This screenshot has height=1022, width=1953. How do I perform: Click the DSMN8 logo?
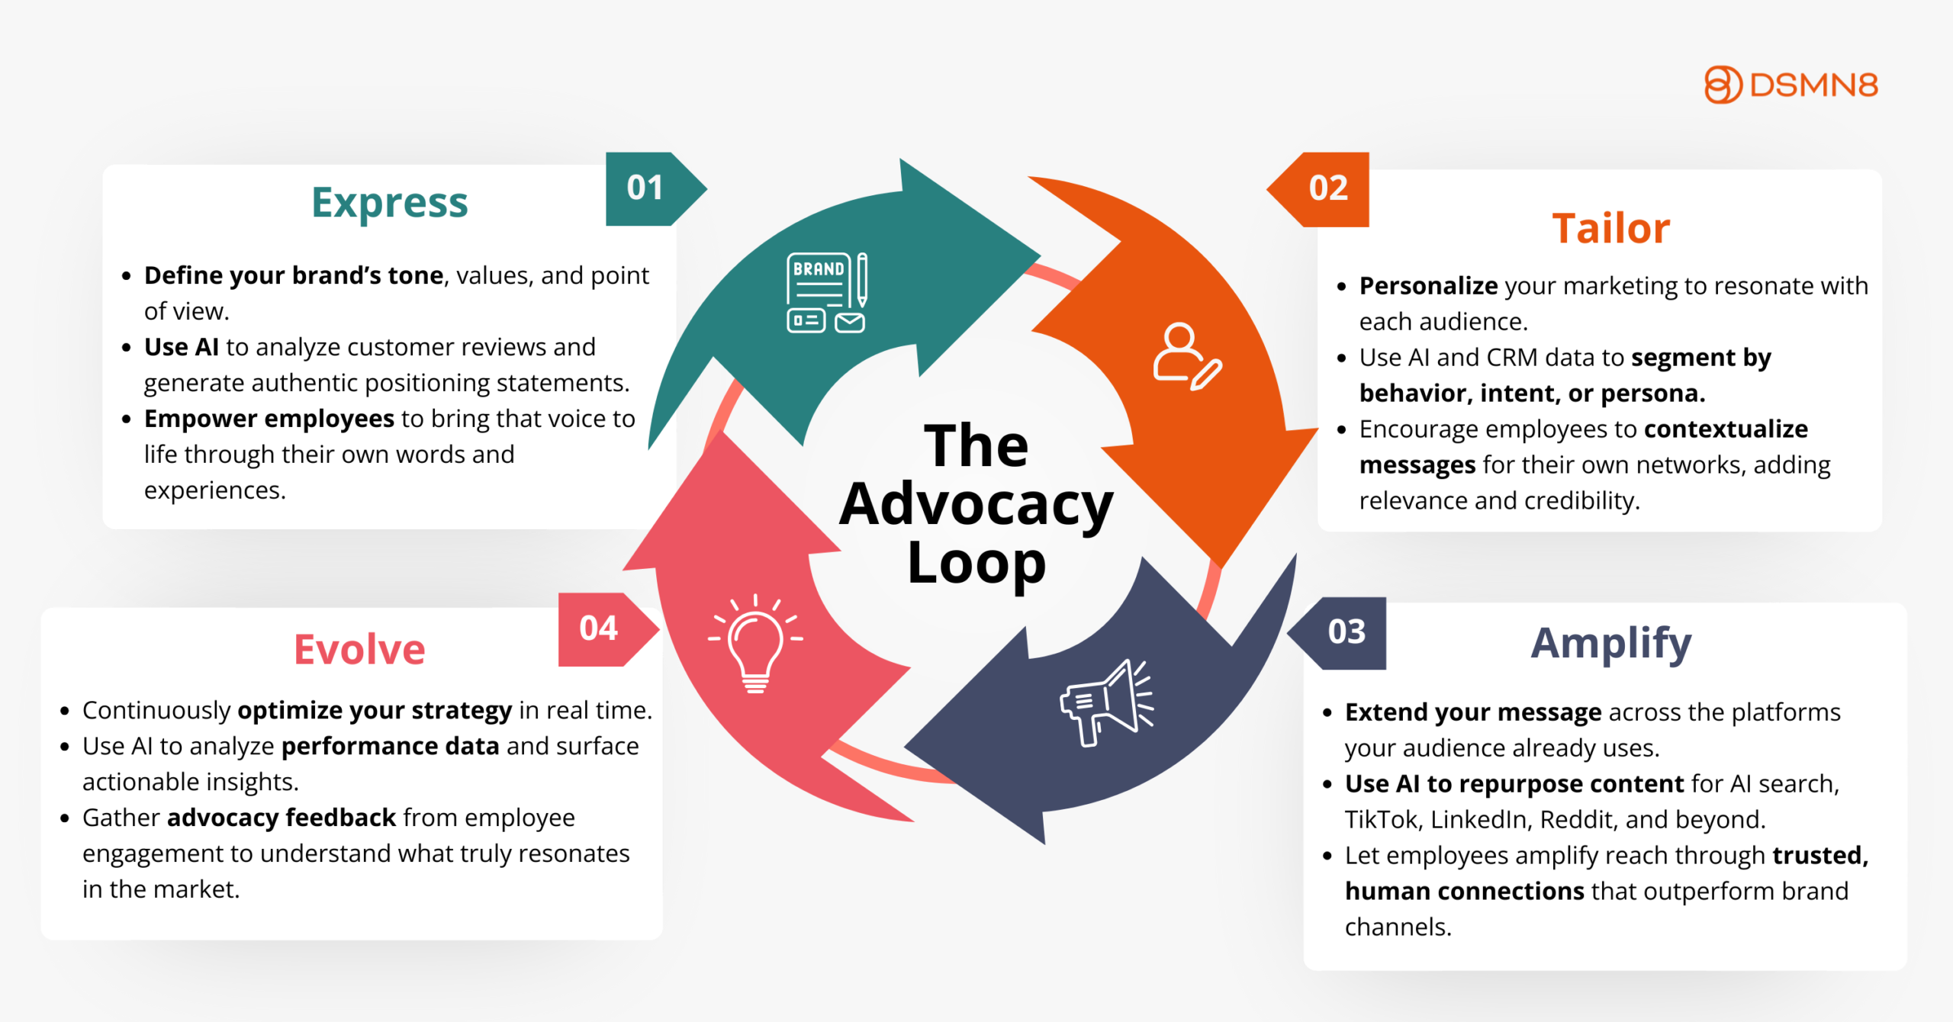(x=1791, y=85)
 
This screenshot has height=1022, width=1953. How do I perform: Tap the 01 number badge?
(x=645, y=188)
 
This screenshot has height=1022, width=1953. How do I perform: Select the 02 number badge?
(x=1327, y=188)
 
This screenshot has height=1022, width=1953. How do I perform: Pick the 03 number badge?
(x=1346, y=632)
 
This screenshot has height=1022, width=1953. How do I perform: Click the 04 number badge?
(x=599, y=629)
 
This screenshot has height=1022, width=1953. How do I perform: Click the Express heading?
(x=389, y=204)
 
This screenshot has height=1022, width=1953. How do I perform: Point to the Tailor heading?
(x=1611, y=229)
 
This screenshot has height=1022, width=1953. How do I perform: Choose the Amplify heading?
(x=1611, y=644)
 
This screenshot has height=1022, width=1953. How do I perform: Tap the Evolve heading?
(x=359, y=650)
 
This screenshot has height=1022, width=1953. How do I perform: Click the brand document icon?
(x=826, y=293)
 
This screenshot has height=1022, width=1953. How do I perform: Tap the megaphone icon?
(x=1106, y=703)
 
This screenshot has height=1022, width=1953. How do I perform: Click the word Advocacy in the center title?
(x=976, y=505)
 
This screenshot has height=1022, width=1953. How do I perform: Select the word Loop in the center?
(x=976, y=564)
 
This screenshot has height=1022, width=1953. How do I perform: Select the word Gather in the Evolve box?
(x=121, y=818)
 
